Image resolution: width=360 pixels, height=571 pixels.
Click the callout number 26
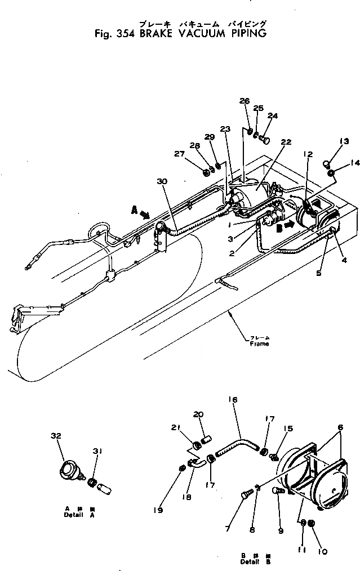[243, 101]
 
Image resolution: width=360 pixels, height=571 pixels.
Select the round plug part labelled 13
[327, 164]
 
